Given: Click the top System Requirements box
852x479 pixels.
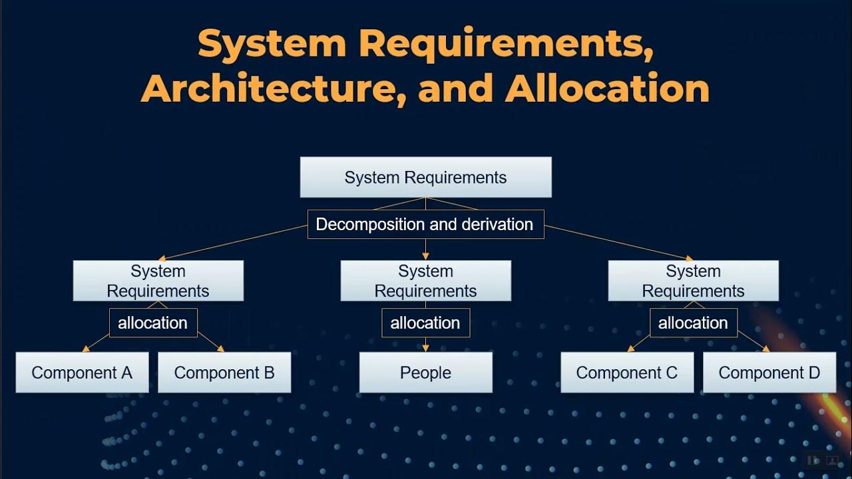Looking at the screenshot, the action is [x=425, y=177].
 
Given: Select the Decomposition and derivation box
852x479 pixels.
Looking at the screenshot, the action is [x=425, y=224].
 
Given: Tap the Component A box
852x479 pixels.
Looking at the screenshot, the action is [x=82, y=373].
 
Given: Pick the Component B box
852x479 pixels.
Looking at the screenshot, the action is [x=224, y=373].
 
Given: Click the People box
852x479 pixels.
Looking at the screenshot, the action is [x=425, y=373].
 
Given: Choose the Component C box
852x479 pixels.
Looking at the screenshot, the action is [x=627, y=373].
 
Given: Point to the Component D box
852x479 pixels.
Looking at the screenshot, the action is [x=769, y=373].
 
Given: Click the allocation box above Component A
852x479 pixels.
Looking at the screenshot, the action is [x=153, y=323].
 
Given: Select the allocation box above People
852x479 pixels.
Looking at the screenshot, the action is [x=425, y=323].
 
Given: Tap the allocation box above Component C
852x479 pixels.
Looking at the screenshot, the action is [x=694, y=323].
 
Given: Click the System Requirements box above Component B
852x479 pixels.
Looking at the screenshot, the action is [x=158, y=281].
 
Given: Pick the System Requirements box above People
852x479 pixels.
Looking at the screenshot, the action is [x=425, y=281].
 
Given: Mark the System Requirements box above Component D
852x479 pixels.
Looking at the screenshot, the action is [x=694, y=281].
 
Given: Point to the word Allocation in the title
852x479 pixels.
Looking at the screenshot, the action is [x=607, y=88].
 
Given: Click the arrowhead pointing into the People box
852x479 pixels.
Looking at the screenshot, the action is [x=425, y=348].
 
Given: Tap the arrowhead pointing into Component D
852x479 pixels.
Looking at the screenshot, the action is [x=766, y=349].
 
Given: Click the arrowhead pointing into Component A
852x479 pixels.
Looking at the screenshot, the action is [x=86, y=349].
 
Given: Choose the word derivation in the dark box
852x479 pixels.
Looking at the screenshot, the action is [x=497, y=224].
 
